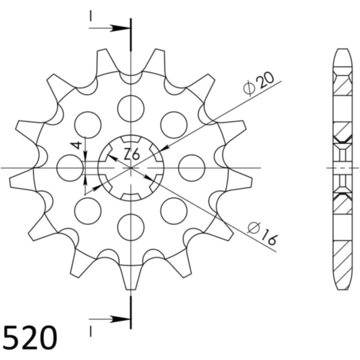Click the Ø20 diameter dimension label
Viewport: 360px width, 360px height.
259,83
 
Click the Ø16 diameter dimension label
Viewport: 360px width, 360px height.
262,234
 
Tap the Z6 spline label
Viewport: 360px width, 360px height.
131,154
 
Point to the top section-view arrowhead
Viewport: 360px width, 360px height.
119,28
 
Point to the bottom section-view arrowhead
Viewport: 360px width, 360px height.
119,319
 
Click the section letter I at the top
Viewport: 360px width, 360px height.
91,16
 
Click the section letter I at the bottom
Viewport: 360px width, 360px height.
91,332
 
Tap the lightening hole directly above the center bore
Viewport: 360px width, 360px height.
131,109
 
